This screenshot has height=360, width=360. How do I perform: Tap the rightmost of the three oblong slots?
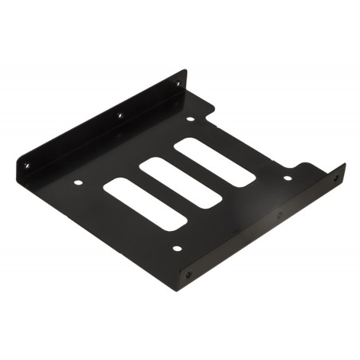click(214, 162)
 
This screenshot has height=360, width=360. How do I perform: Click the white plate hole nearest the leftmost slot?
click(77, 182)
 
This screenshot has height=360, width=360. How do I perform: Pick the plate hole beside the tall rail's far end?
click(190, 119)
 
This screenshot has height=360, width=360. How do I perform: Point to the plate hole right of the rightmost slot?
click(287, 178)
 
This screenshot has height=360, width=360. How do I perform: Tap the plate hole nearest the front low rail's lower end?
click(176, 248)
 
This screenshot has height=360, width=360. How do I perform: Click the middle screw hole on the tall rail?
click(119, 115)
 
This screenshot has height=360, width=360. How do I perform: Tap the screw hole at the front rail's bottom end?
click(188, 274)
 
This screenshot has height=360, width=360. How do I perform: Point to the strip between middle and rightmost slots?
click(198, 173)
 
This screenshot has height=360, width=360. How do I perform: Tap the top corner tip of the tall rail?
click(185, 72)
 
